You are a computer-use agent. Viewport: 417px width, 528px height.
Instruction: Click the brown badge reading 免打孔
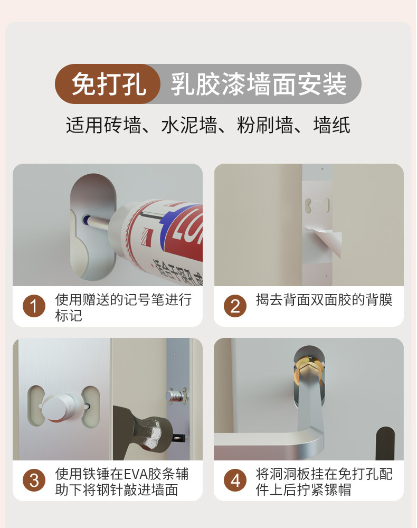tap(107, 84)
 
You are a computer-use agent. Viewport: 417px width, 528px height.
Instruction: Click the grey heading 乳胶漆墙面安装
tap(259, 84)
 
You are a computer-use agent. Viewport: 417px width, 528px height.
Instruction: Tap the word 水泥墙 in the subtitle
tap(189, 125)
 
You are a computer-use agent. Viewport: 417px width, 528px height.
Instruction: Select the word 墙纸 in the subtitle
tap(332, 125)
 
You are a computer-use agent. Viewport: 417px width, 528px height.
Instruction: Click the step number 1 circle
tap(34, 306)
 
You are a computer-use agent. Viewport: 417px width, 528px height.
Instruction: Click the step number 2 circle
tap(235, 306)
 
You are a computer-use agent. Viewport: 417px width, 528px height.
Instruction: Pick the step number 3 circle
tap(34, 480)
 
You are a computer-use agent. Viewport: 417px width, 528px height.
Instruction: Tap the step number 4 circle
tap(235, 480)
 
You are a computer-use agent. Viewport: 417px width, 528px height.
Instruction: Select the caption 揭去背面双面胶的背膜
tap(324, 300)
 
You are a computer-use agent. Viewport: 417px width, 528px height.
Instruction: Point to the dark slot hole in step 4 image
tap(385, 444)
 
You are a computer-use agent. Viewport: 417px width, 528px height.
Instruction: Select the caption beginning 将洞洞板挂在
tap(324, 482)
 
